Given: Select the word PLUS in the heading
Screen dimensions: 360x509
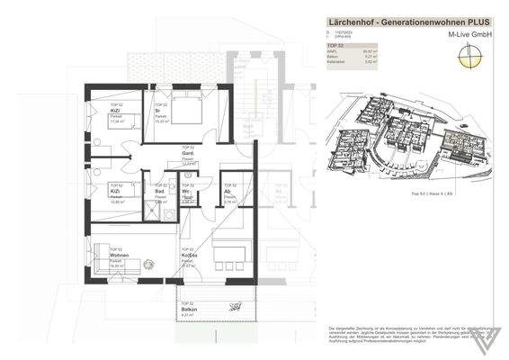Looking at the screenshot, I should tap(474, 22).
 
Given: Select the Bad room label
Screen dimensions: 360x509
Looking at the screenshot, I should tap(158, 192).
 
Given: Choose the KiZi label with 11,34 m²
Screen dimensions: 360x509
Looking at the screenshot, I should tap(118, 110).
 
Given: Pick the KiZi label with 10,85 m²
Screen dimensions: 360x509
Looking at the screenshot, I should tap(117, 192).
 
